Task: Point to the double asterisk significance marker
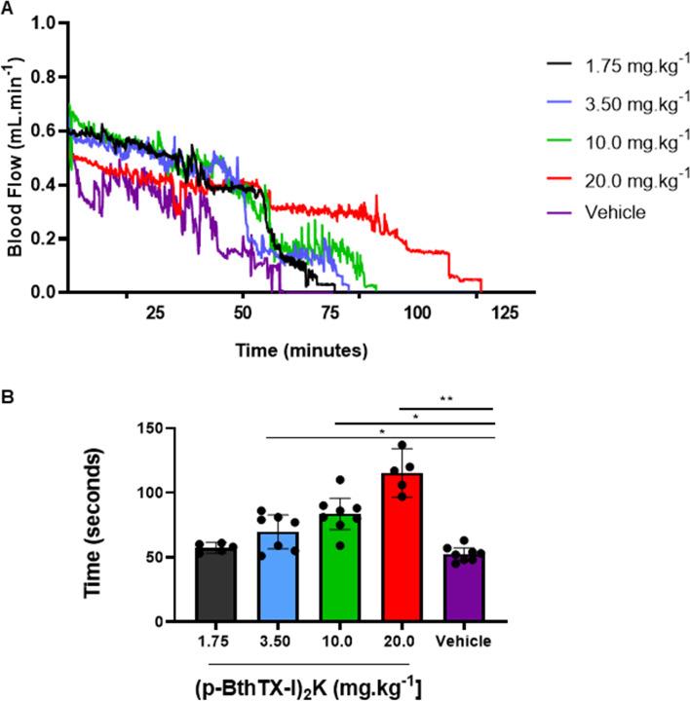[447, 399]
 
